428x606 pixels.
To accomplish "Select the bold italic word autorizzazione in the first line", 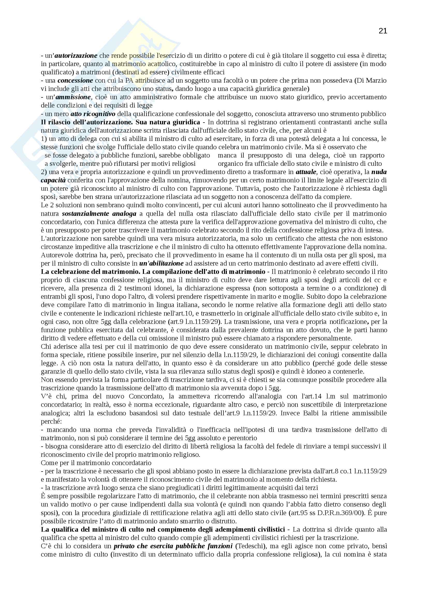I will (76, 56).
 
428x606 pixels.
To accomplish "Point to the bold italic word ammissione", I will (73, 97).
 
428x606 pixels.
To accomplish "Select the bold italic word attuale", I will (306, 172).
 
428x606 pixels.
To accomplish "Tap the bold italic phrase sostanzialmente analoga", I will (99, 213).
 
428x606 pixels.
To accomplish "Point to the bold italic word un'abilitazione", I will (161, 263).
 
